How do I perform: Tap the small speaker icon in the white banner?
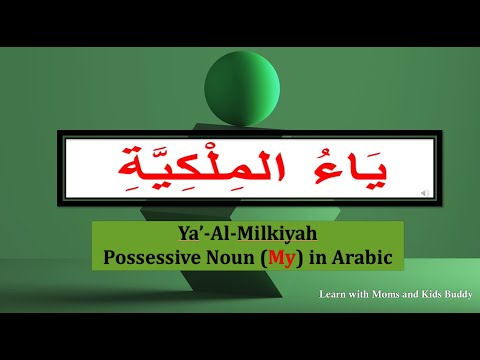427,190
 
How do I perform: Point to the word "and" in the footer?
418,295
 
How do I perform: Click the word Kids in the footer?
441,295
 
